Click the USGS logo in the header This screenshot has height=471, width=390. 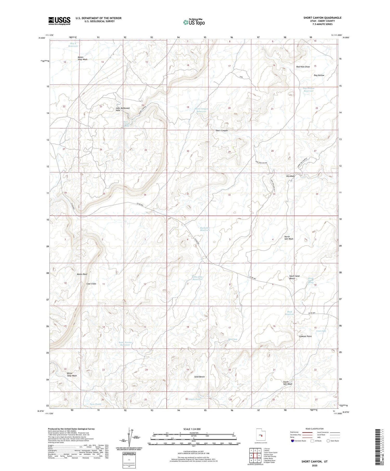[x=59, y=21]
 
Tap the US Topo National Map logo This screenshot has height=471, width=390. [x=194, y=22]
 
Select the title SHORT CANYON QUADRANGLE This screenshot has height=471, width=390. [x=322, y=18]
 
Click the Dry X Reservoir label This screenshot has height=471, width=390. [x=73, y=44]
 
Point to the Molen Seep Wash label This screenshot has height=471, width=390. [x=82, y=58]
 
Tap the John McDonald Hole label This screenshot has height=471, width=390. [x=122, y=109]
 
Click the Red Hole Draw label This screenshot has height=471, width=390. [x=303, y=67]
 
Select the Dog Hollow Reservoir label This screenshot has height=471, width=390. [x=309, y=90]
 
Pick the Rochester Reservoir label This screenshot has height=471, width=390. [x=205, y=229]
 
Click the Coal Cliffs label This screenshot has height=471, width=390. [x=91, y=284]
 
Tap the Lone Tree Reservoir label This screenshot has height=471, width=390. [x=197, y=278]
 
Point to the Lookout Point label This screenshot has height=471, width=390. [x=305, y=336]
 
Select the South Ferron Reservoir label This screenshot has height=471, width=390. [x=125, y=344]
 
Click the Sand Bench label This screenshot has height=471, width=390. [x=199, y=377]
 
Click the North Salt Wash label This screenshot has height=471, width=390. [x=289, y=238]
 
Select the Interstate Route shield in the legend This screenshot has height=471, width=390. [x=292, y=441]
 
